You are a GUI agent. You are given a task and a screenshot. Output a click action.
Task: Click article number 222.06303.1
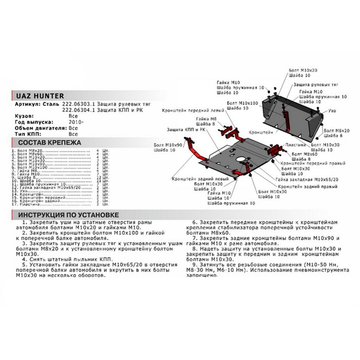click(x=77, y=103)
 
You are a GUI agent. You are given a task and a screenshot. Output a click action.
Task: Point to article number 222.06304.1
click(x=77, y=110)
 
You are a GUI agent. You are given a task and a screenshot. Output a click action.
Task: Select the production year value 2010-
click(x=74, y=121)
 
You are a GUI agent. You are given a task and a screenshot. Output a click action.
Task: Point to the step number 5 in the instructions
click(x=20, y=263)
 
